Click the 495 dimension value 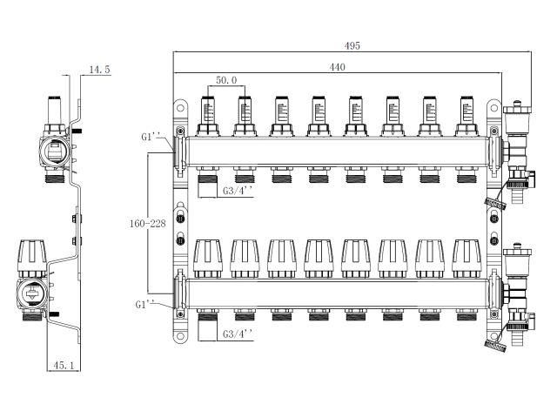[x=351, y=45]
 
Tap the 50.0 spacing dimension [x=226, y=80]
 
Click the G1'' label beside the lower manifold [x=145, y=305]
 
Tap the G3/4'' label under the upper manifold [x=238, y=189]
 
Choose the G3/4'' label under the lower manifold [x=238, y=334]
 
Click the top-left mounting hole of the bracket [x=181, y=109]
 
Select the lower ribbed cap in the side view [x=31, y=252]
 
